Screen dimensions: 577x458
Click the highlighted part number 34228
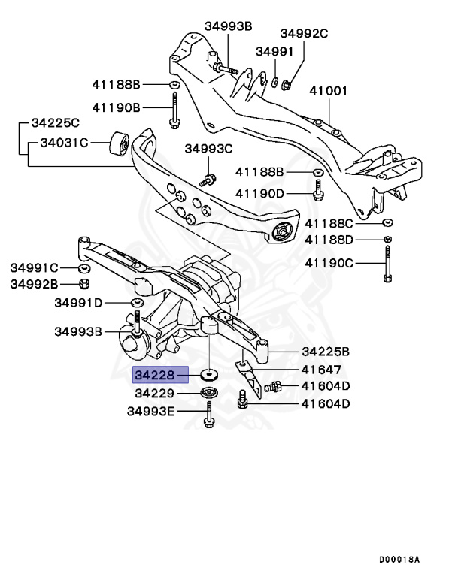click(156, 374)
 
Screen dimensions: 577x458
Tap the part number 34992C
click(305, 33)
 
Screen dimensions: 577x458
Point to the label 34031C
click(64, 142)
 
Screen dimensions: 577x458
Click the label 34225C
click(55, 122)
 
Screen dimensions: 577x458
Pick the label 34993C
click(208, 149)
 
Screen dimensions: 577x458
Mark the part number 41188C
click(329, 223)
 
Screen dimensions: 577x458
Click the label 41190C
click(329, 263)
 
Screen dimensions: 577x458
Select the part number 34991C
click(34, 267)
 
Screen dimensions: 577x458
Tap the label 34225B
click(326, 351)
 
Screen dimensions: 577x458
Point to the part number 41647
click(321, 370)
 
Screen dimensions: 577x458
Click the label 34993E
click(150, 411)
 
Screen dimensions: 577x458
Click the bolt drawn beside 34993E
click(208, 414)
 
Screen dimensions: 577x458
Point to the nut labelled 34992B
click(85, 284)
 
